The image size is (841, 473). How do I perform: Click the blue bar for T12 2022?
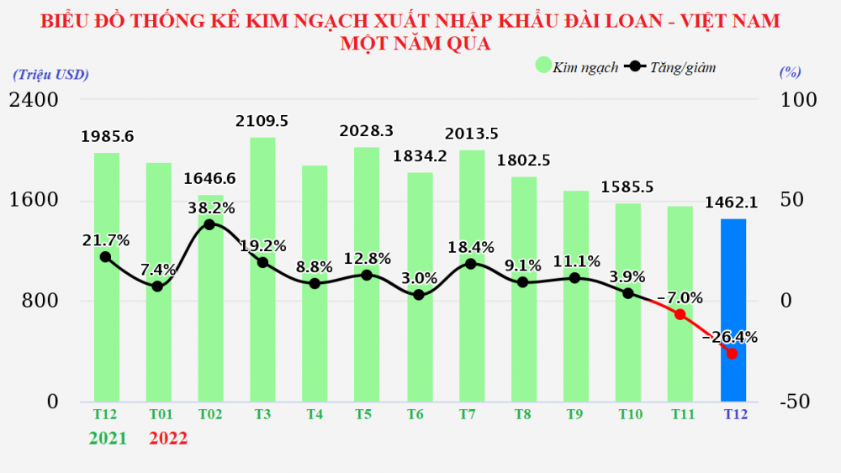pyautogui.click(x=733, y=310)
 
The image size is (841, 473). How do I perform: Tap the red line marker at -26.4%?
pyautogui.click(x=732, y=354)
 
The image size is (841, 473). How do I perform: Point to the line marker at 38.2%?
pyautogui.click(x=209, y=224)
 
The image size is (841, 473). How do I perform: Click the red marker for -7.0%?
pyautogui.click(x=680, y=314)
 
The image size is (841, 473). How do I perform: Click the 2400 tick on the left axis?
pyautogui.click(x=34, y=100)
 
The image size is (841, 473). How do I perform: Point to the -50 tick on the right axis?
pyautogui.click(x=795, y=402)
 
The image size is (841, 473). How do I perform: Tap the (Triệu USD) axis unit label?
pyautogui.click(x=50, y=74)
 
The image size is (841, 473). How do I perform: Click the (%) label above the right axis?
pyautogui.click(x=790, y=73)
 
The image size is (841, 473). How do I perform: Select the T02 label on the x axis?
pyautogui.click(x=210, y=414)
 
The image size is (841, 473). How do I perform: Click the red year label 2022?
pyautogui.click(x=168, y=438)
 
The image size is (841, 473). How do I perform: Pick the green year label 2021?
pyautogui.click(x=106, y=438)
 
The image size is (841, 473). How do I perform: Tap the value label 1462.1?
pyautogui.click(x=733, y=202)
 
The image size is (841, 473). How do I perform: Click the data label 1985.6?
pyautogui.click(x=108, y=135)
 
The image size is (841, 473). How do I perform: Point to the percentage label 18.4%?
pyautogui.click(x=470, y=247)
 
